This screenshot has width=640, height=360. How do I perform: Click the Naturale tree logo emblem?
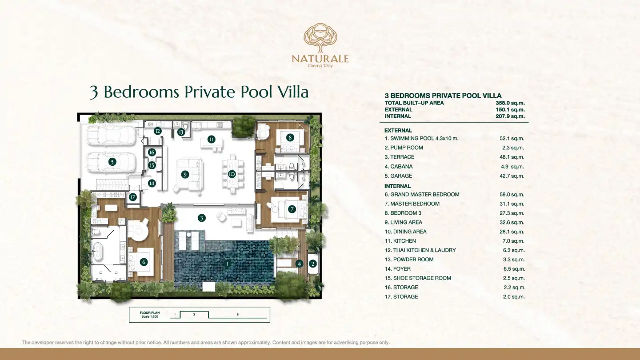320,38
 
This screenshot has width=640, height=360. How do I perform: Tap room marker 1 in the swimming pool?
227,264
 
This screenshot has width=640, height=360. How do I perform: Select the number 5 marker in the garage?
112,162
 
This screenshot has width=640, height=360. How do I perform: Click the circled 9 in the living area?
185,174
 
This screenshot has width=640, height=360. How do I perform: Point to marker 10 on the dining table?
232,174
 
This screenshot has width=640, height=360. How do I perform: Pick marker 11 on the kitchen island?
211,140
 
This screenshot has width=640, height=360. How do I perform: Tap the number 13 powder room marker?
181,132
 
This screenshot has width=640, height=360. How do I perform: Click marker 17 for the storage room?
132,197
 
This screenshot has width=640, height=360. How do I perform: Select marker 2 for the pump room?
312,264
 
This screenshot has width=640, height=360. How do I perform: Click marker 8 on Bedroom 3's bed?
290,138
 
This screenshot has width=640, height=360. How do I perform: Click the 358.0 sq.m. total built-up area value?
510,103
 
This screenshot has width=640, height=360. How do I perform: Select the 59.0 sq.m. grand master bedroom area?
512,195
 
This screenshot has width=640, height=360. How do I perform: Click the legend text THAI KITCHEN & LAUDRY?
424,250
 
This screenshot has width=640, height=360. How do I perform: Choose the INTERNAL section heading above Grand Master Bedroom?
397,186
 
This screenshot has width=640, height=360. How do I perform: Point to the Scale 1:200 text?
150,316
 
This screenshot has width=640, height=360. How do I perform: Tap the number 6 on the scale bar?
238,315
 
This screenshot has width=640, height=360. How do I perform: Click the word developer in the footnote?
42,342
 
